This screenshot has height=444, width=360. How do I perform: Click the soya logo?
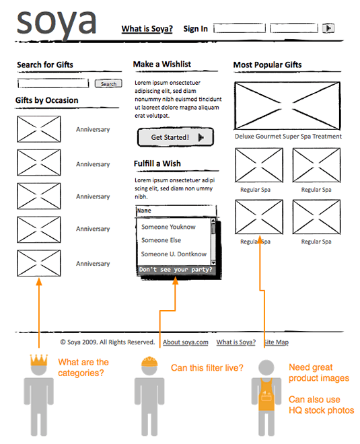point(57,24)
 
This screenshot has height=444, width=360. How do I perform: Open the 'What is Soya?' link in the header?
point(147,29)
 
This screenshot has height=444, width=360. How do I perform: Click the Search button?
point(108,84)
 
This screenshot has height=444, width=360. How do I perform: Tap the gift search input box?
point(53,83)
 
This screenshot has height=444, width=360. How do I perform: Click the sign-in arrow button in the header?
point(328,28)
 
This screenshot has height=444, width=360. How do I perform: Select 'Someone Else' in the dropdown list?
point(161,240)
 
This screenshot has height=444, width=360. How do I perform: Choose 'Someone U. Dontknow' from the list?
point(174,254)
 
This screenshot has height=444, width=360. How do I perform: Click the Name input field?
point(176,211)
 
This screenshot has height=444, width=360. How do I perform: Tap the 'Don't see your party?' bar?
point(176,270)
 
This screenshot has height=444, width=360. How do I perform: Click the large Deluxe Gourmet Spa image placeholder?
point(287,106)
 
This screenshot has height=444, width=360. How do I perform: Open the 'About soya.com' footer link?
point(186,342)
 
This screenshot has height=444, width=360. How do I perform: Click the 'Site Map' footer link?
point(277,342)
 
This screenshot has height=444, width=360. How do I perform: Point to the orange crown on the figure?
point(39,360)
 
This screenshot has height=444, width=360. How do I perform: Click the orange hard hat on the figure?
point(149,362)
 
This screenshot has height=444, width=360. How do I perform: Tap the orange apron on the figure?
point(266,395)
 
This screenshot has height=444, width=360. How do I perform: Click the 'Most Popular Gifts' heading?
point(267,65)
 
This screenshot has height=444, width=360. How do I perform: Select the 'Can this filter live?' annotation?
point(207,368)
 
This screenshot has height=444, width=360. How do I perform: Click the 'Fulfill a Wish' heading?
point(157,163)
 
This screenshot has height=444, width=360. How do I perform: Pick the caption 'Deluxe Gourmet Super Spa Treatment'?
point(288,137)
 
